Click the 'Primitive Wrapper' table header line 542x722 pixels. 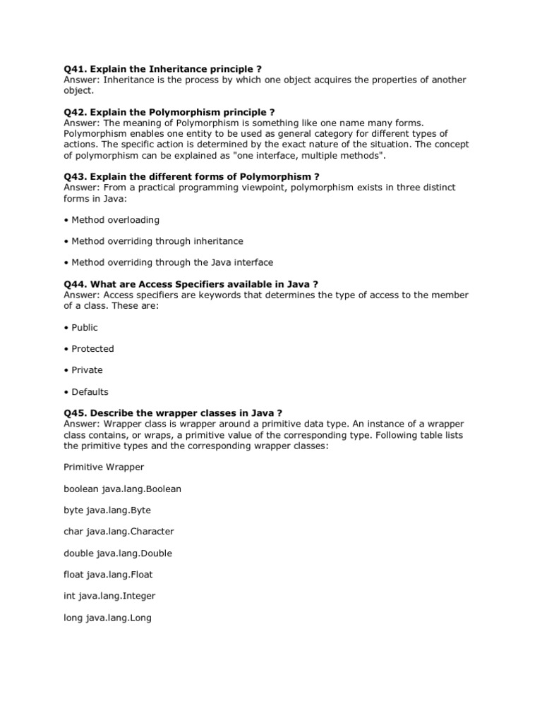(104, 467)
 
